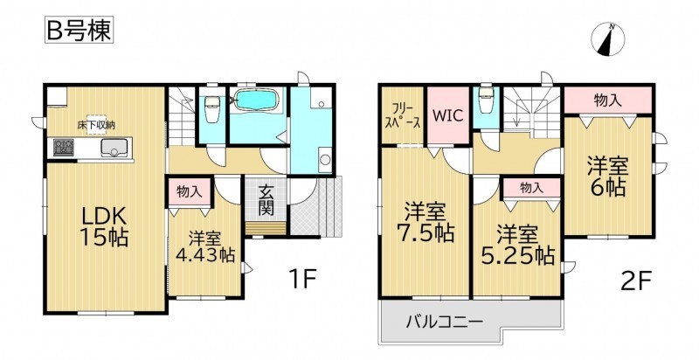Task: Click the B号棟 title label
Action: (79, 31)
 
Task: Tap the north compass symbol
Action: (607, 40)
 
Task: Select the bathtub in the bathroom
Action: (255, 100)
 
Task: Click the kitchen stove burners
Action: (64, 148)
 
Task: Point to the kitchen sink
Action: (114, 148)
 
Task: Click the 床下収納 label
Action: (98, 125)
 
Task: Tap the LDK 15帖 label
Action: (104, 227)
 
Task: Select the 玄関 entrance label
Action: (266, 200)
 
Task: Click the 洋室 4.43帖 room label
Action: (205, 246)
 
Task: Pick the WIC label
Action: (448, 115)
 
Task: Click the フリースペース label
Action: (403, 115)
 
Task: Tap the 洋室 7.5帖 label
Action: (425, 222)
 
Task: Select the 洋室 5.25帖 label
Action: (517, 245)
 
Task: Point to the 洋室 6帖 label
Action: (607, 177)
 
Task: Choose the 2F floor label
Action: (636, 281)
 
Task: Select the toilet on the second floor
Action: (486, 99)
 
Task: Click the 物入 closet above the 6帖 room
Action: (607, 101)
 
